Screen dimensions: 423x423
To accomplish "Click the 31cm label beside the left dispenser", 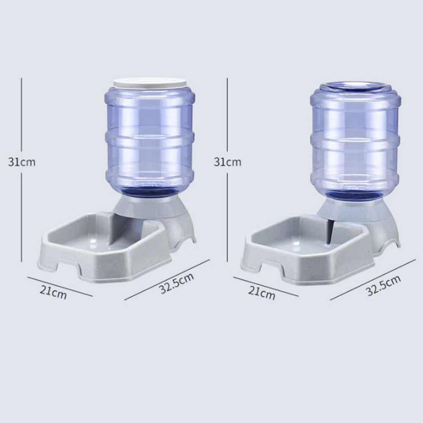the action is pos(22,162).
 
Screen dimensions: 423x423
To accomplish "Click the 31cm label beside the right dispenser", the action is pos(228,162).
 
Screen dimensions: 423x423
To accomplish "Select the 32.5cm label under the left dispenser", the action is pos(176,283).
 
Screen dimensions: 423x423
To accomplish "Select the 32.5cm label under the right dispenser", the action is pos(383,285).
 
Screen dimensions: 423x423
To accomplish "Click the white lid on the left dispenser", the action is pos(149,83).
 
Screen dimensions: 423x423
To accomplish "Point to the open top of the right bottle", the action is pos(355,86).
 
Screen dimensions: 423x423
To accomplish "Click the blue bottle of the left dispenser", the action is pos(150,139).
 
